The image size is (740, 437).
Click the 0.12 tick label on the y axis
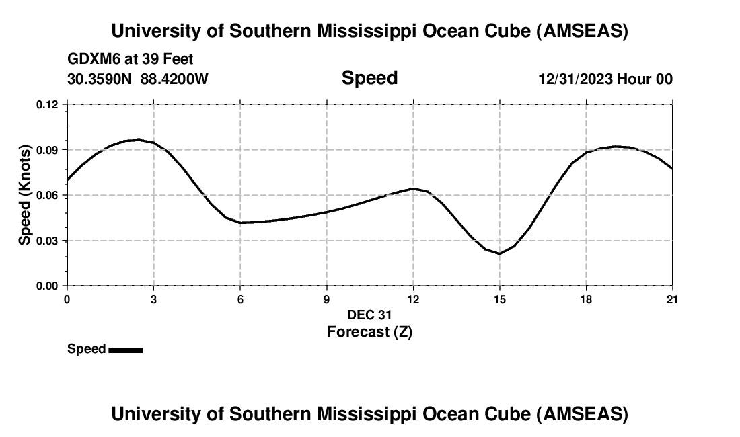pos(48,104)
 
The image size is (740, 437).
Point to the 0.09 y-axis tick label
pos(48,149)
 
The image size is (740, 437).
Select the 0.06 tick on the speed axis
pos(48,195)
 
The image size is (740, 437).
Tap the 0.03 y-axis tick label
pos(48,240)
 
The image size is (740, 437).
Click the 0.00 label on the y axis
pos(48,286)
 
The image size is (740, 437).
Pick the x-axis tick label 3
pos(154,299)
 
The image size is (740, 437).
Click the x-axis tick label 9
pos(327,299)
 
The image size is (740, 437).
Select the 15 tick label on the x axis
pos(500,299)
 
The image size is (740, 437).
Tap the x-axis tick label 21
pos(672,299)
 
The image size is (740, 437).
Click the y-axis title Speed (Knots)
pos(24,195)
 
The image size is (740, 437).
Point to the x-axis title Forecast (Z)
pos(369,331)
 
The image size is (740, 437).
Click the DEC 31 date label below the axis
pos(369,315)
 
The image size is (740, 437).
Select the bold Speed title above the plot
pos(369,78)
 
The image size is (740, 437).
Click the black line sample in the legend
pos(126,350)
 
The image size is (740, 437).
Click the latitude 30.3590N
pos(100,79)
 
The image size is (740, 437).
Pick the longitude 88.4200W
pos(174,79)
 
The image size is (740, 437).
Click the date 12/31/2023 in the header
pos(575,79)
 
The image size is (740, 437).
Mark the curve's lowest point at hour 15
pos(500,253)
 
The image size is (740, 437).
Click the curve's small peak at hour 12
pos(413,188)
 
